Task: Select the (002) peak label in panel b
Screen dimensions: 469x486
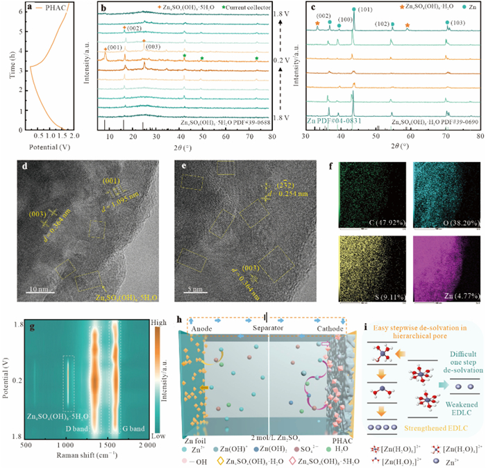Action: [134, 28]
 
